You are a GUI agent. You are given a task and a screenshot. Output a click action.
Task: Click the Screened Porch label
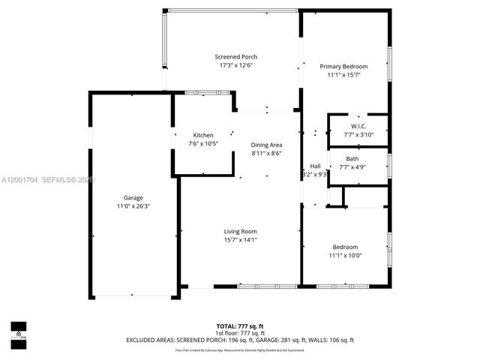(x=235, y=57)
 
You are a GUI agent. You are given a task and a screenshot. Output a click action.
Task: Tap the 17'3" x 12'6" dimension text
(x=235, y=65)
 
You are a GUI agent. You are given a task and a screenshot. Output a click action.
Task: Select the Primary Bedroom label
(x=343, y=66)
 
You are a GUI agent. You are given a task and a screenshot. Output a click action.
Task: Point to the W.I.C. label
(x=358, y=126)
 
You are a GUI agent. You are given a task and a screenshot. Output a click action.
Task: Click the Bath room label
(x=352, y=159)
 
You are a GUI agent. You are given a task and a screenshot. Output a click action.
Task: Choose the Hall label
(x=315, y=166)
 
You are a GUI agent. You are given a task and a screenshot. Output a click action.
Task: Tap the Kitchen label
(x=202, y=135)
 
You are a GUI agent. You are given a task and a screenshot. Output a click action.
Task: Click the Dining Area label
(x=266, y=145)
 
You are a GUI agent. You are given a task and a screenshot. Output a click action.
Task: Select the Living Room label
(x=240, y=232)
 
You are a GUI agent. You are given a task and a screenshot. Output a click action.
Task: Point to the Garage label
(x=133, y=198)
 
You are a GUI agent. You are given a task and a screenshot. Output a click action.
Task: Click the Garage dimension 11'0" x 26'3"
(x=133, y=206)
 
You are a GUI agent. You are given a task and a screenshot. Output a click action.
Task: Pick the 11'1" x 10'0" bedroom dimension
(x=345, y=256)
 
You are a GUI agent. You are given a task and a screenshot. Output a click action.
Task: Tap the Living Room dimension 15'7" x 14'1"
(x=240, y=240)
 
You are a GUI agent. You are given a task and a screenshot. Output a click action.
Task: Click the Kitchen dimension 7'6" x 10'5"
(x=202, y=143)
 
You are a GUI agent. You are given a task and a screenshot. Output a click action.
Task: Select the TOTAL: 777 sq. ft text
(x=240, y=326)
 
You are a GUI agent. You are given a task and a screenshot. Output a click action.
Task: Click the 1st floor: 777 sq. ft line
(x=240, y=333)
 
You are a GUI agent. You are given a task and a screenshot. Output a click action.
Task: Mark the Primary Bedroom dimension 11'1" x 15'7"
(x=343, y=74)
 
